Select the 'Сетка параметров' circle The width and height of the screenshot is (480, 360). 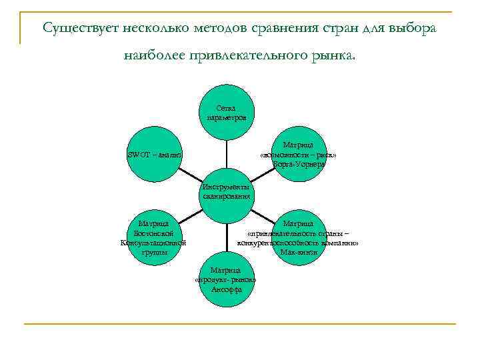[226, 112]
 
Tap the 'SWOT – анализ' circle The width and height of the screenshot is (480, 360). [155, 155]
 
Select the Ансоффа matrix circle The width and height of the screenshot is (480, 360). [226, 280]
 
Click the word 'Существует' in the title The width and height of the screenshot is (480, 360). [75, 28]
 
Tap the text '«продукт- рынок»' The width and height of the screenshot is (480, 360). [225, 280]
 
